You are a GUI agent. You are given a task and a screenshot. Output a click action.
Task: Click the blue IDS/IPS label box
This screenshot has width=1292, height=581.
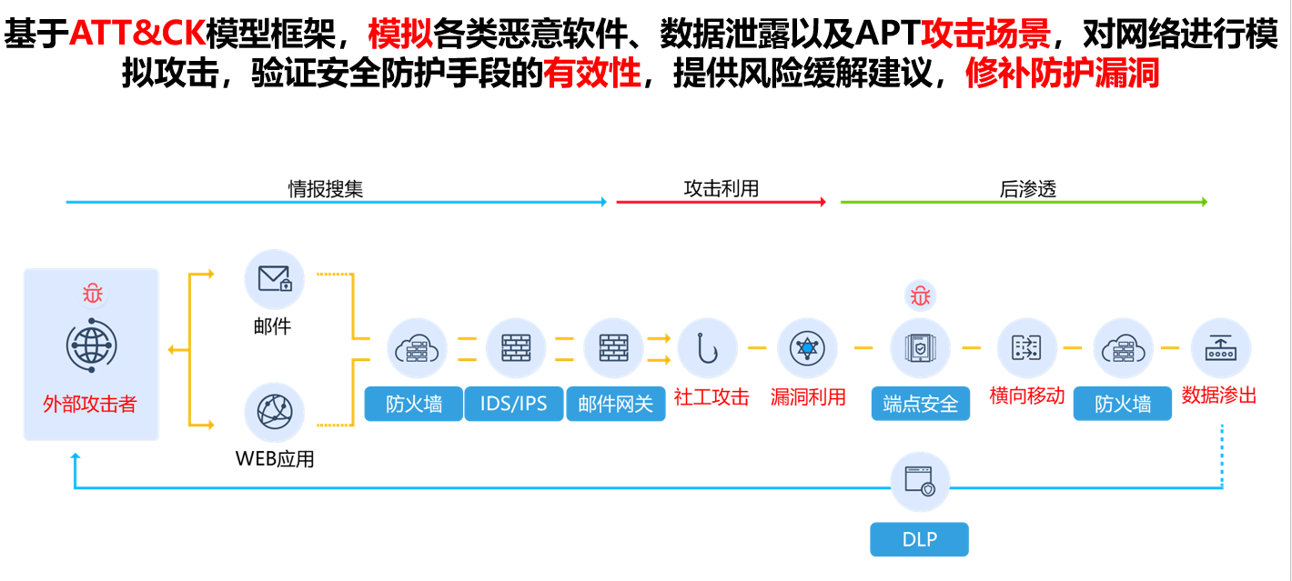tap(514, 404)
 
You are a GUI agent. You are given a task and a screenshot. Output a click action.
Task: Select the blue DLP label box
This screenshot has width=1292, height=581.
tap(919, 539)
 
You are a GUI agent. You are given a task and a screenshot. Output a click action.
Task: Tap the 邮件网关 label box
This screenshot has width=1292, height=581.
tap(616, 404)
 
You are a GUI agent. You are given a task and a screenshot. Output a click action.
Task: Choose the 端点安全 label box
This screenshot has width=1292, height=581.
tap(921, 404)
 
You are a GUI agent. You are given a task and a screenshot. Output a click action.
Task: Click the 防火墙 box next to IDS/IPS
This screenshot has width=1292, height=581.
tap(414, 404)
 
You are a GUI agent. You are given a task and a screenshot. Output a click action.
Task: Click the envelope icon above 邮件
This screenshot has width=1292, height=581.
tap(275, 279)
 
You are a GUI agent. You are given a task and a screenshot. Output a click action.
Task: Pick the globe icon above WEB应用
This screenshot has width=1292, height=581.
tap(275, 412)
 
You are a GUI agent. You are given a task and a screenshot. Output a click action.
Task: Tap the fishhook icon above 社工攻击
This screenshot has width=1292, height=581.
tap(707, 348)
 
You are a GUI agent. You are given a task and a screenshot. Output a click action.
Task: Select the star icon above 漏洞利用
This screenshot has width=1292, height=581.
tap(807, 348)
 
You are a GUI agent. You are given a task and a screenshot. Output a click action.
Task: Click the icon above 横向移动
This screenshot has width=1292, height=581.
tap(1026, 347)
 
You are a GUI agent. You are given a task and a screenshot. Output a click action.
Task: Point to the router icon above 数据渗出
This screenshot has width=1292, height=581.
tap(1220, 347)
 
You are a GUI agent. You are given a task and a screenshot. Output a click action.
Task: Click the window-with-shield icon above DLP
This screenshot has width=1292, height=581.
tap(920, 481)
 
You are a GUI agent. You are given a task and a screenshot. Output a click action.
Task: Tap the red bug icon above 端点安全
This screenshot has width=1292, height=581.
tap(920, 296)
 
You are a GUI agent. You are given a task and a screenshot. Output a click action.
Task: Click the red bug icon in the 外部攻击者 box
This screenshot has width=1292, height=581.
tap(92, 293)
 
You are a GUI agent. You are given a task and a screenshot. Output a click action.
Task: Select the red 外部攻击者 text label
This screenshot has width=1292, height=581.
tap(89, 404)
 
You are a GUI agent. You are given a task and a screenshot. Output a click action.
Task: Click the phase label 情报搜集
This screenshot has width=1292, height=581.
tap(326, 188)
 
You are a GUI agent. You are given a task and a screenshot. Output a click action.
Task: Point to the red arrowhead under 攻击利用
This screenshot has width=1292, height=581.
tap(823, 202)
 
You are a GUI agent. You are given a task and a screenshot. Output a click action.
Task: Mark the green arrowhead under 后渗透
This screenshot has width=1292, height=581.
tap(1205, 202)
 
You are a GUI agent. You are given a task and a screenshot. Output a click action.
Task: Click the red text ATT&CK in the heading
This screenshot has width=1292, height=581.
tap(137, 33)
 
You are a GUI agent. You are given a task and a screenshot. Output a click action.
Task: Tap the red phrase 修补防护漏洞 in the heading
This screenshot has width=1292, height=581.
tap(1062, 74)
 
